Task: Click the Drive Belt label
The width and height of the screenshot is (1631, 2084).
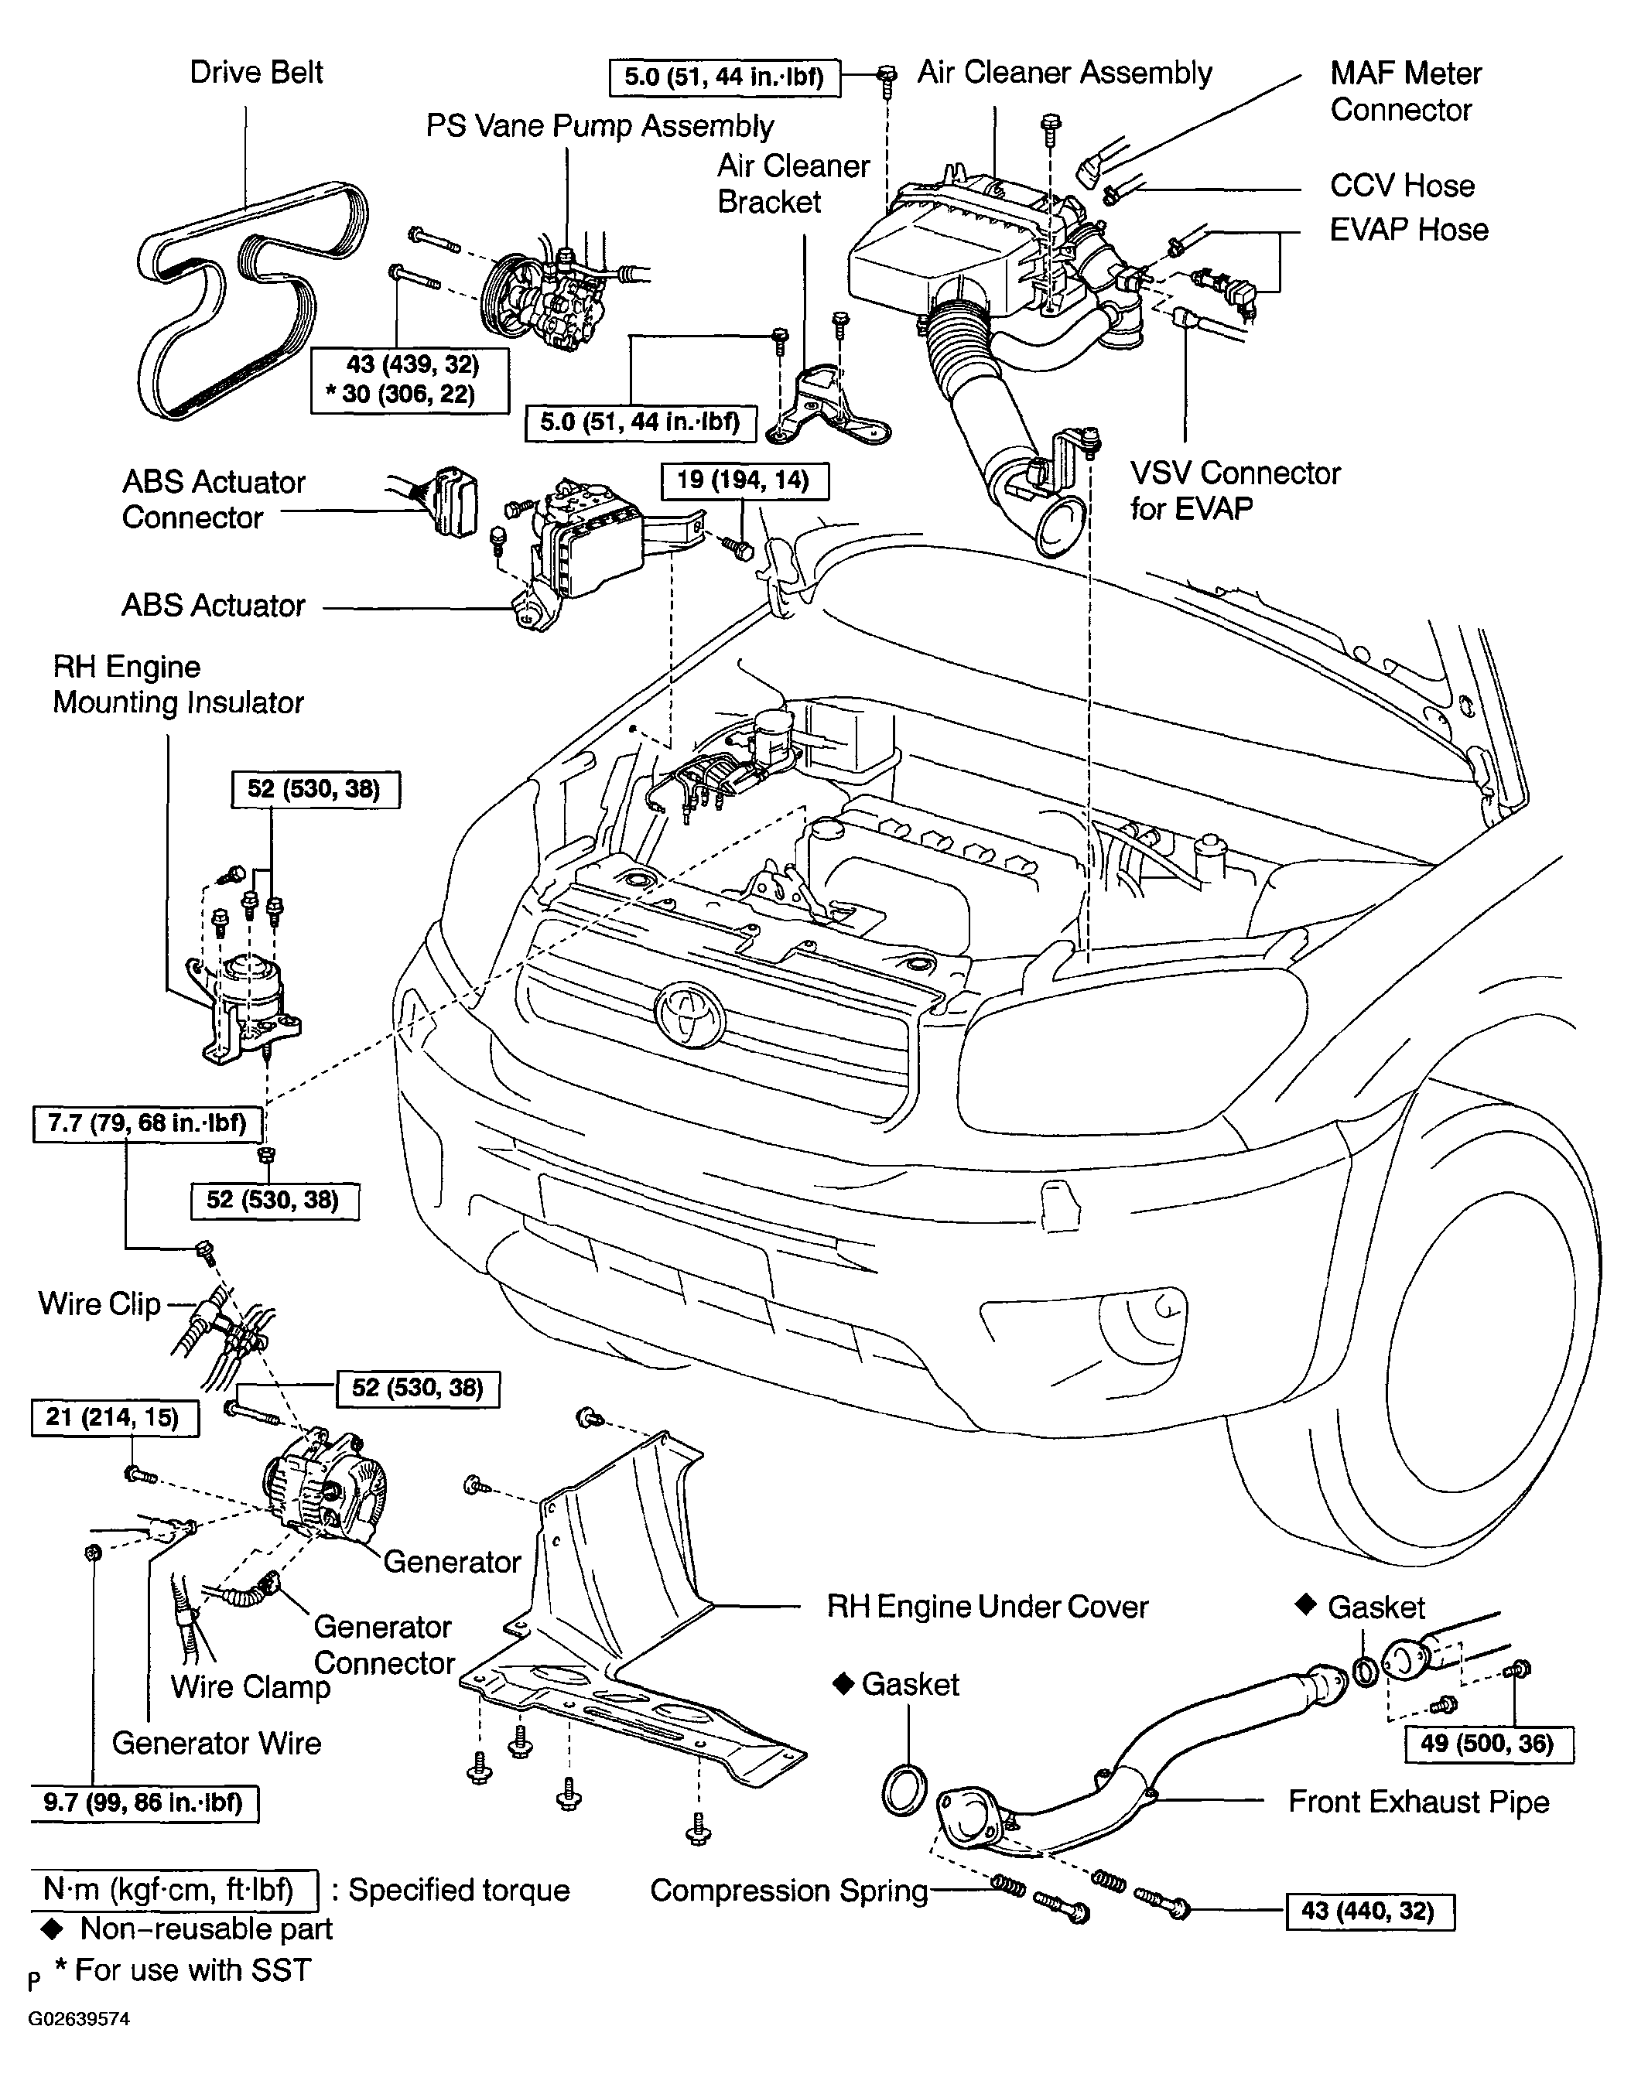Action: (x=256, y=73)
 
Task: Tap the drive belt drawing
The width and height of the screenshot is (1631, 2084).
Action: (x=252, y=302)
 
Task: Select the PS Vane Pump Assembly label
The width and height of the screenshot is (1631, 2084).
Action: (x=600, y=126)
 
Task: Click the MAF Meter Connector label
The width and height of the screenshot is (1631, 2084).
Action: (x=1406, y=91)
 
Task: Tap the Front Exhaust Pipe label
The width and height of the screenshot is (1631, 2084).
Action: (x=1418, y=1802)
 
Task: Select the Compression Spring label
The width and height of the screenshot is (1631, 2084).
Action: (x=788, y=1890)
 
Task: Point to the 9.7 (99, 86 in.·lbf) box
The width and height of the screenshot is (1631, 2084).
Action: (x=144, y=1803)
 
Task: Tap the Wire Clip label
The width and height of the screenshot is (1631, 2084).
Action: (x=99, y=1304)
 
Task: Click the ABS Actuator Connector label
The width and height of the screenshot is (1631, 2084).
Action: (x=214, y=499)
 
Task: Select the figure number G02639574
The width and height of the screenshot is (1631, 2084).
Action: (x=78, y=2019)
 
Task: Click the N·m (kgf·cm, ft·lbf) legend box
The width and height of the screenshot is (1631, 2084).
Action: (x=175, y=1889)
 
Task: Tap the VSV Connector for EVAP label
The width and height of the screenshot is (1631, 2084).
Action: (x=1236, y=490)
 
